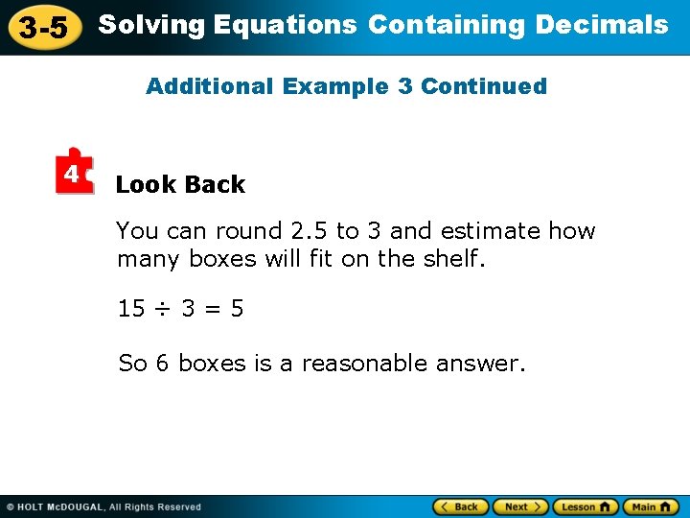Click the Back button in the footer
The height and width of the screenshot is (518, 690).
(x=461, y=506)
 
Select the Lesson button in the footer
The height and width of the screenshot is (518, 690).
(x=586, y=506)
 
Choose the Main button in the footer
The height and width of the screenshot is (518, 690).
(x=651, y=506)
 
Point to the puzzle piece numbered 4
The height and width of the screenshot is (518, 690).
(x=73, y=173)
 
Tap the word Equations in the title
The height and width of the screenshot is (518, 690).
(x=286, y=25)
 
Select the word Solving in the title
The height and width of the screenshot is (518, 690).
(x=152, y=25)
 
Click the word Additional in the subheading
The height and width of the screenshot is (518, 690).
(x=210, y=86)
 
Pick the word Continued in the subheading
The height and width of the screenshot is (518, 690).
(x=484, y=86)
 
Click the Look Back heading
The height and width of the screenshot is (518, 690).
(x=180, y=184)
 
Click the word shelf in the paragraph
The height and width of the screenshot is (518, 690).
(x=451, y=258)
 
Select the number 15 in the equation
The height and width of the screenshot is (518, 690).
(x=130, y=309)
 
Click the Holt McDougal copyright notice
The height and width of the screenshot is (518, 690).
(x=103, y=506)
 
